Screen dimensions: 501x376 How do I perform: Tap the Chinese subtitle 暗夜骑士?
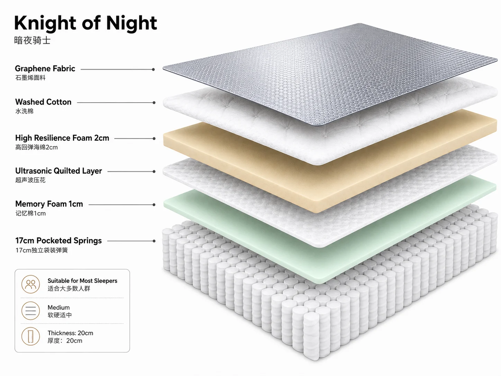point(32,41)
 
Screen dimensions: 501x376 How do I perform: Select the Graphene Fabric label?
point(45,69)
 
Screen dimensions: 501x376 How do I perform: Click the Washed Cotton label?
point(43,102)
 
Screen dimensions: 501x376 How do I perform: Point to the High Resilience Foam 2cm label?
point(62,138)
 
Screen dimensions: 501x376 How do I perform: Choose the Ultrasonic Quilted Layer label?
point(58,171)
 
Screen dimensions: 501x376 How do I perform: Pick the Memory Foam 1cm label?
point(49,204)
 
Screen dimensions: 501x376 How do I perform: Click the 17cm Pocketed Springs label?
point(58,241)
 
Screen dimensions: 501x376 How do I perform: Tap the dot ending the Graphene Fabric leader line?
point(153,69)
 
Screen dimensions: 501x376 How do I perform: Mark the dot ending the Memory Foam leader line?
point(154,205)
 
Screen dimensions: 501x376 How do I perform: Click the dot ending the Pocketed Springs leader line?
point(154,241)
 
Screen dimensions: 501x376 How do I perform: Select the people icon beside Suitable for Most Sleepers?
point(30,284)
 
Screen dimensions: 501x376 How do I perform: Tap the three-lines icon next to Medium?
point(30,311)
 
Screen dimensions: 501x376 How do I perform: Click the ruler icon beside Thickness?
point(30,336)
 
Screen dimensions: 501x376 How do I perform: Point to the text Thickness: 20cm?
point(70,333)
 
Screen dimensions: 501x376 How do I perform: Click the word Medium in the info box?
point(59,307)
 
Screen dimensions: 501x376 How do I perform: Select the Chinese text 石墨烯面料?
point(30,78)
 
